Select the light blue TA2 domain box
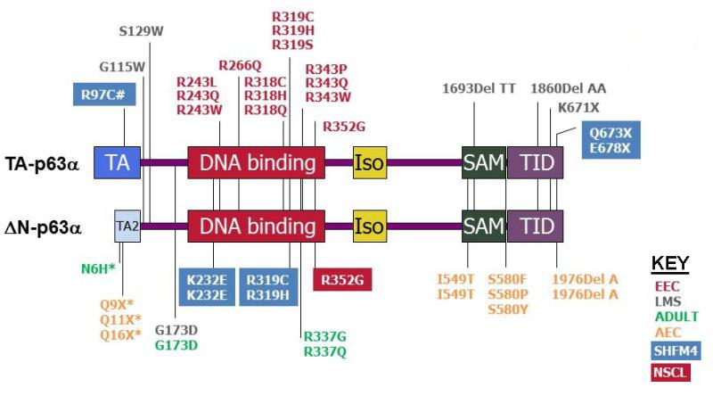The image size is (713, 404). (x=127, y=227)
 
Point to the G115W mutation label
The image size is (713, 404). (x=122, y=66)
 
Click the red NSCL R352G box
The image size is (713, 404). (x=341, y=278)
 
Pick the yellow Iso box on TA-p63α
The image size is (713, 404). (x=369, y=163)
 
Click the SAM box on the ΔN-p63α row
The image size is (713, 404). (x=482, y=227)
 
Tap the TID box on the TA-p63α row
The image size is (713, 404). (x=536, y=163)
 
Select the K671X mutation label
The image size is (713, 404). (x=578, y=107)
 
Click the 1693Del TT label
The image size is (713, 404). (x=479, y=88)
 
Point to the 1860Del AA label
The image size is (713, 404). (x=569, y=88)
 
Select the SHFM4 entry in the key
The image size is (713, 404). (x=675, y=351)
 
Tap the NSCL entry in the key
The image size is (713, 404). (x=671, y=373)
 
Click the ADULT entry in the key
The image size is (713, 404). (x=676, y=317)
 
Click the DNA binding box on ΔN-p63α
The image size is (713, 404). (x=257, y=227)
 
